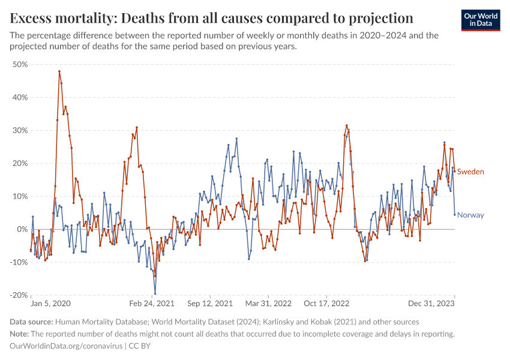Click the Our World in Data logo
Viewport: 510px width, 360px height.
coord(481,19)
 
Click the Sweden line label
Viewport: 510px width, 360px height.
coord(470,172)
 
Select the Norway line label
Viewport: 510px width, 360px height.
coord(470,215)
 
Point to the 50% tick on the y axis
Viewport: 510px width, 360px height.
coord(20,64)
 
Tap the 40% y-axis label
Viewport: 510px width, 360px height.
coord(20,97)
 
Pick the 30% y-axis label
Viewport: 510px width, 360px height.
coord(20,130)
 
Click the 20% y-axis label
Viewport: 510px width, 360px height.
coord(20,163)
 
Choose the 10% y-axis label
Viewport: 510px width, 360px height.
coord(20,196)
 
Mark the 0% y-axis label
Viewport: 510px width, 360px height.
coord(22,229)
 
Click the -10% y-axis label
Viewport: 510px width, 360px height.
coord(19,262)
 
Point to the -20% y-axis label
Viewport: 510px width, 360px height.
coord(19,295)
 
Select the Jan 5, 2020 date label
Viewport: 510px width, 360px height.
coord(50,304)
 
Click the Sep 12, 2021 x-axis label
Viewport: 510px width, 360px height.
coord(209,304)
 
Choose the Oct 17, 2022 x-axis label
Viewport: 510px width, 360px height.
coord(327,304)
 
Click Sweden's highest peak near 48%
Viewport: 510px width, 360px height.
coord(59,71)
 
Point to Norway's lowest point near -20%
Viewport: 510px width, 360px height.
coord(155,293)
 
